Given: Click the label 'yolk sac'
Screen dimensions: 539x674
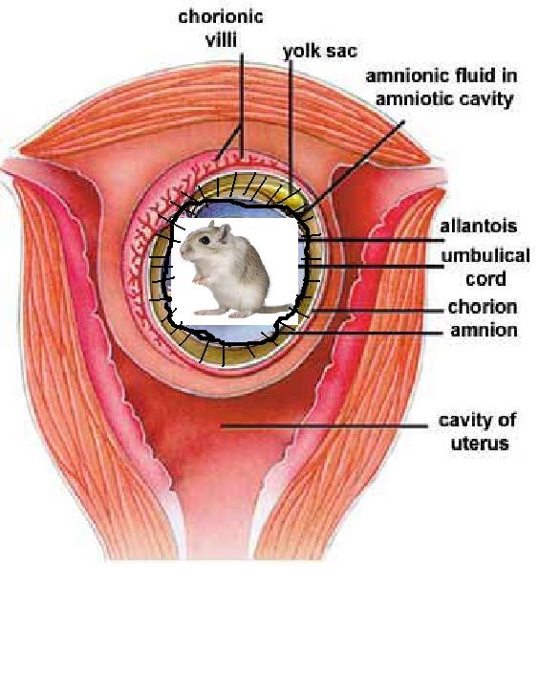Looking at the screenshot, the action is pos(320,52).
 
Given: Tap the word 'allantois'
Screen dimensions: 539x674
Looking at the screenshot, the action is pos(479,226).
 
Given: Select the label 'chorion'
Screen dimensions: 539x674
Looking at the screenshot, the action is pos(483,307).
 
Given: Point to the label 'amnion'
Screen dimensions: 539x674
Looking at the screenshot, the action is pos(484,330).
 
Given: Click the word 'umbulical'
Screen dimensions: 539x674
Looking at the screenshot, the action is pos(485,255).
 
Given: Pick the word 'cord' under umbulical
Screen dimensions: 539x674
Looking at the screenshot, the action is pos(485,279).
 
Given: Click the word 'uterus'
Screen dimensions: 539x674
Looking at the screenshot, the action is pos(480,444).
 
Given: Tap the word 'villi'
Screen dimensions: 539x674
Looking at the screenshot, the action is pos(221,40).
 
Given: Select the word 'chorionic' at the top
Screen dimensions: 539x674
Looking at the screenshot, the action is pos(221,17).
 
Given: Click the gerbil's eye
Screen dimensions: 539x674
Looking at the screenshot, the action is pos(205,240).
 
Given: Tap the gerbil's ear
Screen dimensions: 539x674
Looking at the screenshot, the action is pos(224,233).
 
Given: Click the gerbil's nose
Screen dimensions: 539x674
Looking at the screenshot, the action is pos(182,249).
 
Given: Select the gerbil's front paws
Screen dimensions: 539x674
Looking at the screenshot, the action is pos(200,279).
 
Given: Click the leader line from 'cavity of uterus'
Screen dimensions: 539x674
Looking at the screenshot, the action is pos(325,426).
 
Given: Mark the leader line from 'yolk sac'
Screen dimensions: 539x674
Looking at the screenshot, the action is pos(291,128).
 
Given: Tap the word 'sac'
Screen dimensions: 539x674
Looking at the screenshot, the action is pos(342,52).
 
